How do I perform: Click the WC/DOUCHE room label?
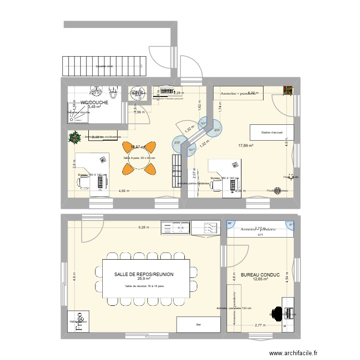94,102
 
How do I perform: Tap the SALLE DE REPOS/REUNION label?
144,274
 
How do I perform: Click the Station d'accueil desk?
269,132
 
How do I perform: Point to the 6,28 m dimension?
143,227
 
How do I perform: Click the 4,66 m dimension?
124,191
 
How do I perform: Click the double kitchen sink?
175,227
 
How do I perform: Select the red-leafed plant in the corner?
288,91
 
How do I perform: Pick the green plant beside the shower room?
75,138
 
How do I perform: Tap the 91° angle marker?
290,223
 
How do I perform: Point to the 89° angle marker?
229,223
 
